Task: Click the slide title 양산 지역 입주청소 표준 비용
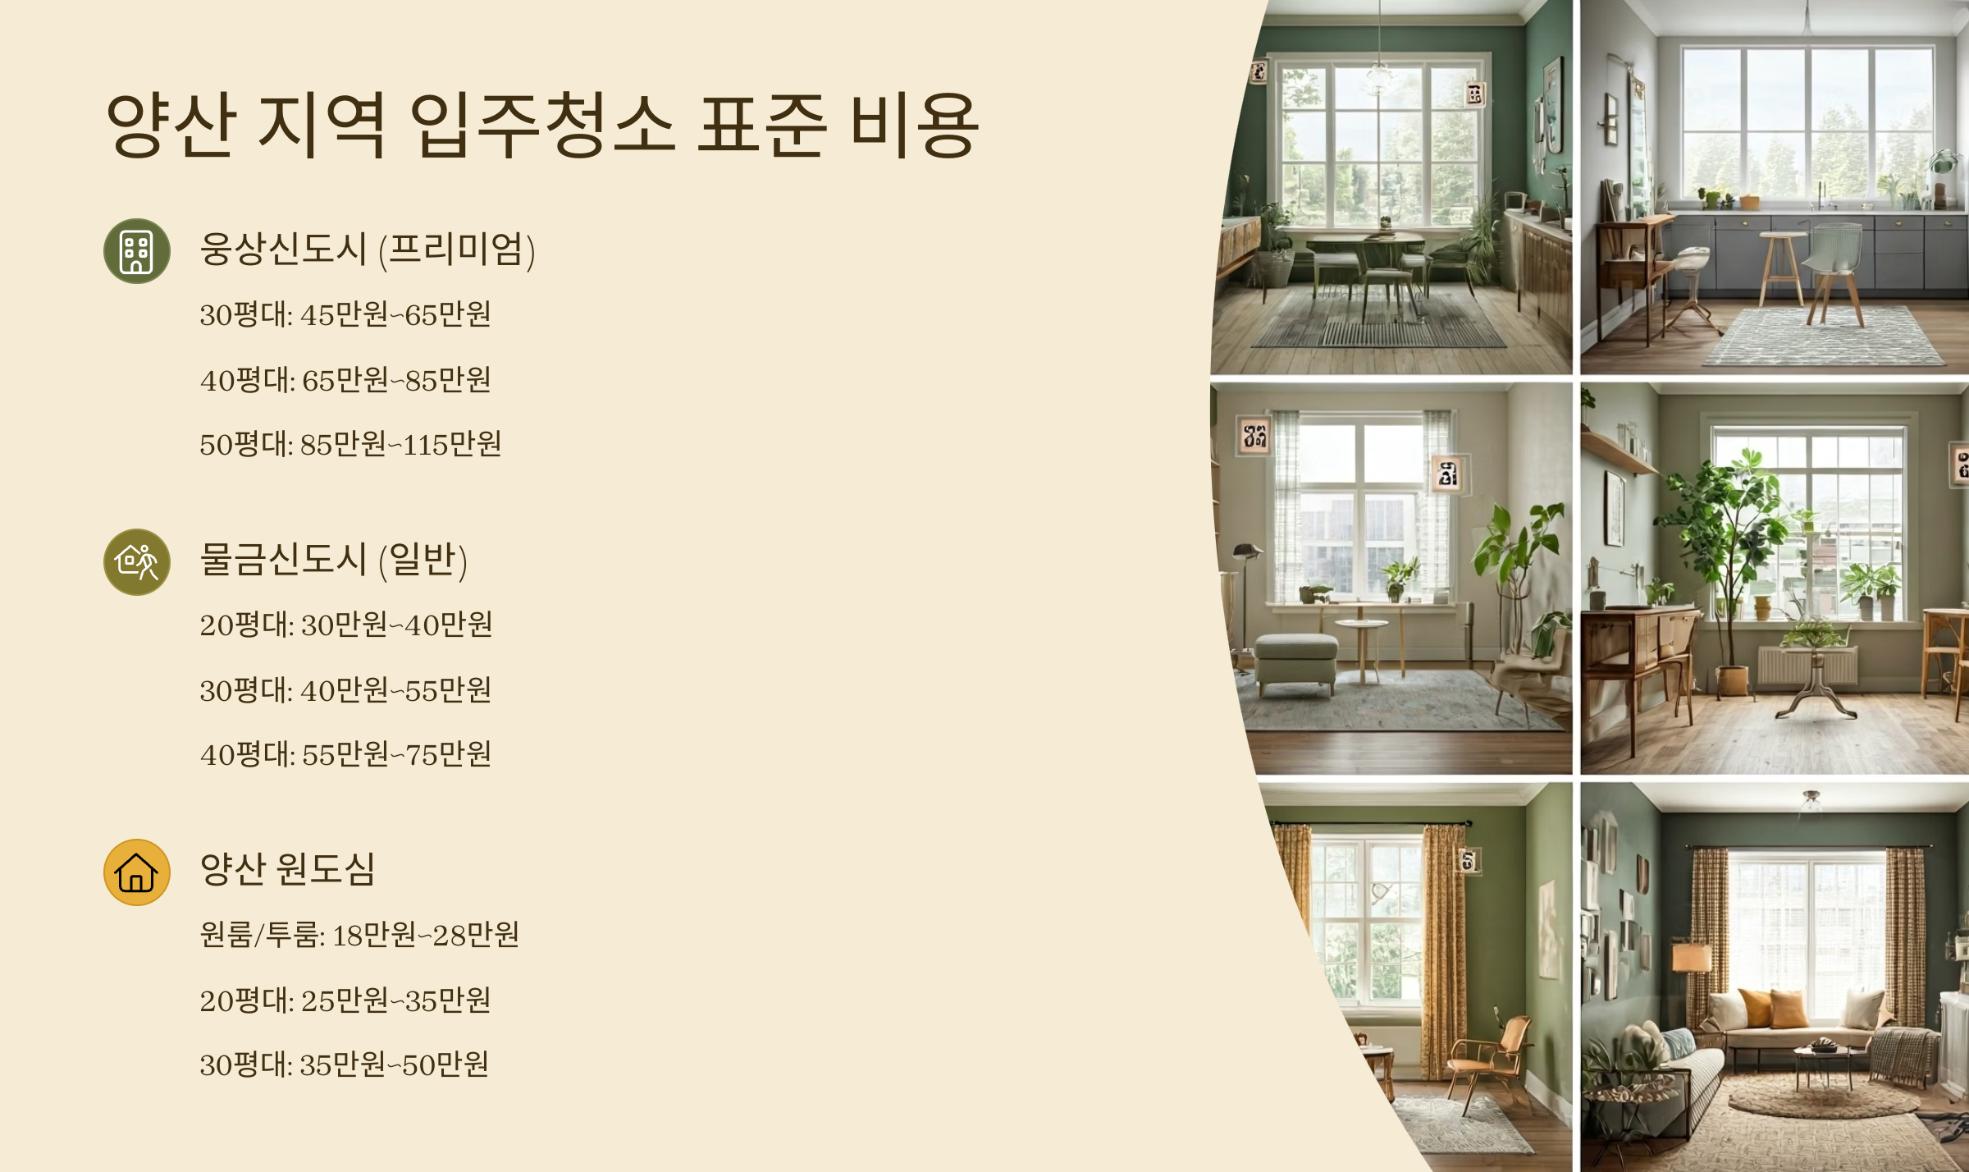pos(541,125)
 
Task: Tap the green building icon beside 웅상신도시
pos(136,251)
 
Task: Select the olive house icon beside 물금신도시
pos(136,562)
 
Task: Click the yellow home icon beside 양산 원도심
pos(136,872)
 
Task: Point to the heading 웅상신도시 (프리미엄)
pos(368,250)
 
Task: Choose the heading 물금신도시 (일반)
pos(333,561)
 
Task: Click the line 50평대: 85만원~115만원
pos(350,445)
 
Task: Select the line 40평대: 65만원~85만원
pos(345,380)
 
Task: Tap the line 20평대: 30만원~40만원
pos(346,625)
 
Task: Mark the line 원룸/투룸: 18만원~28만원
pos(359,935)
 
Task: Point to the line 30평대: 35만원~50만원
pos(345,1065)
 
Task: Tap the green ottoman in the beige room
pos(1296,661)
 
